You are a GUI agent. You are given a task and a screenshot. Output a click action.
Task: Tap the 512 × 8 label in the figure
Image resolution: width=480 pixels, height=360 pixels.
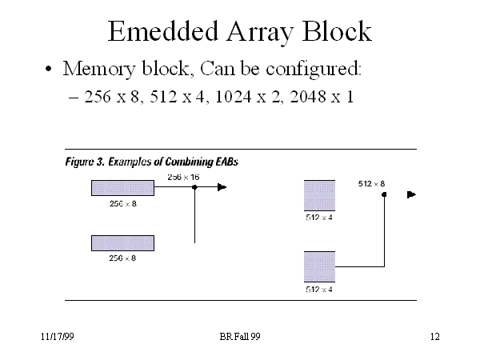pos(372,184)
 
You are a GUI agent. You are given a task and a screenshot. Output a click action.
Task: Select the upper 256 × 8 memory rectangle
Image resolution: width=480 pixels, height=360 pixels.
pos(122,188)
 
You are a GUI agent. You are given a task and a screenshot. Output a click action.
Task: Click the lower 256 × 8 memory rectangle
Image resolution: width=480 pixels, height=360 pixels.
pos(122,242)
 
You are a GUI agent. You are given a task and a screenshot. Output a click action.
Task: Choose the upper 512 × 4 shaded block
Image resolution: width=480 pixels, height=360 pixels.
pos(319,196)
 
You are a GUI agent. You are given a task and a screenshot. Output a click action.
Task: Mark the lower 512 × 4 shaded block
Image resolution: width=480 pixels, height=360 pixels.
pos(319,266)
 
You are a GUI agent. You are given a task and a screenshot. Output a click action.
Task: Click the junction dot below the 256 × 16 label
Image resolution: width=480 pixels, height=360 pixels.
pos(195,187)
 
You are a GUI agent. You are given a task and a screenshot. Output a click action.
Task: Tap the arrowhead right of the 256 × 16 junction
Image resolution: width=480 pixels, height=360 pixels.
pos(222,187)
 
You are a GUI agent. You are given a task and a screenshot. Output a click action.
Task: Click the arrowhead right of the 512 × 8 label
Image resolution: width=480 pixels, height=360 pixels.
pos(411,194)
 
